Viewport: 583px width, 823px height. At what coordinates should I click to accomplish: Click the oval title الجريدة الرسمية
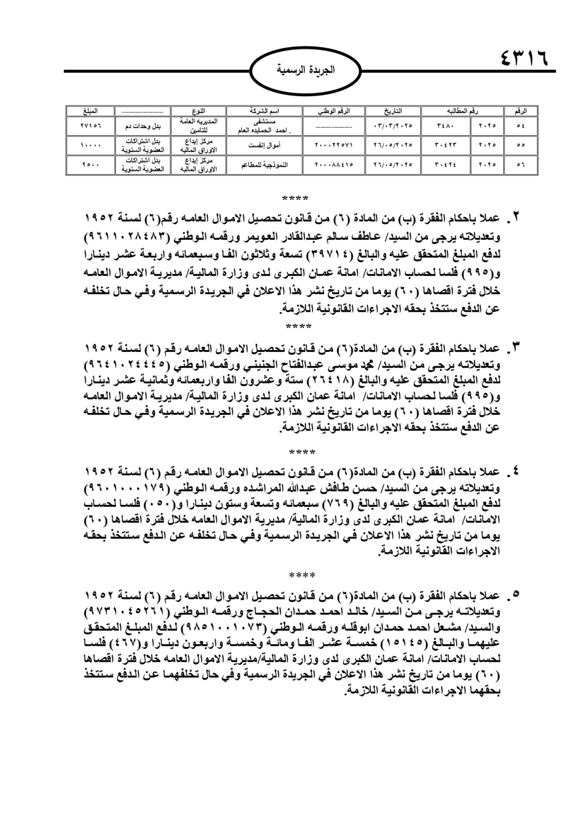pos(305,70)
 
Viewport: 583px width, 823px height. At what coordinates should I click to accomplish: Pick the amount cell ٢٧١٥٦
pos(90,125)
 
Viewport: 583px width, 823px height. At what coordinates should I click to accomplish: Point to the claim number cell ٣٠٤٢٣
pos(447,145)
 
